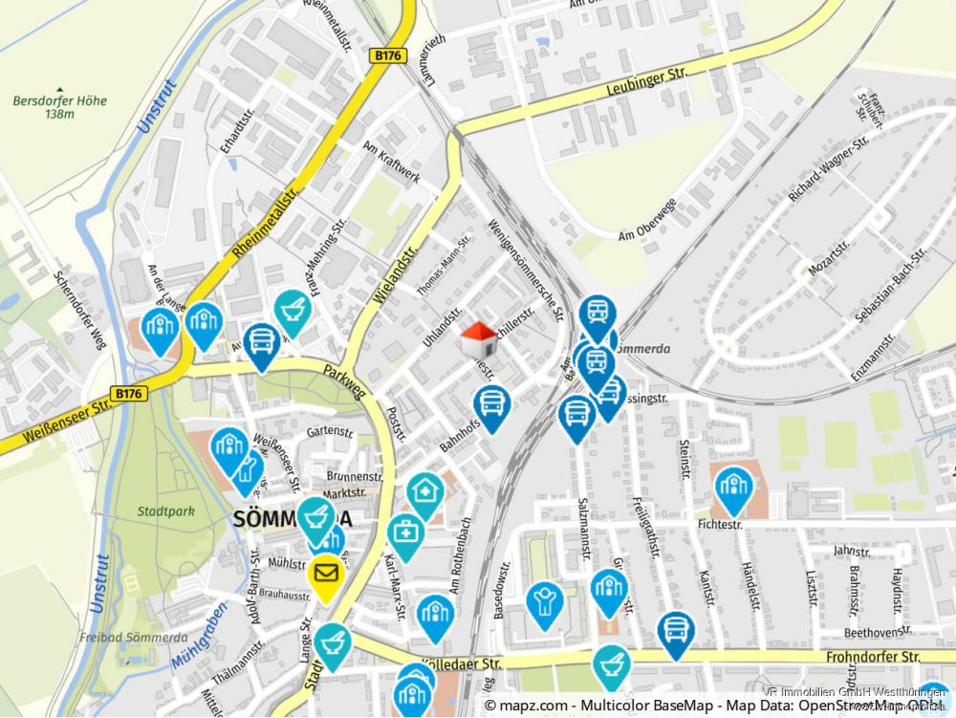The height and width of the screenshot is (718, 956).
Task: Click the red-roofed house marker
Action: point(479,339)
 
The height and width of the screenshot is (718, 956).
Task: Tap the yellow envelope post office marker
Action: point(326,576)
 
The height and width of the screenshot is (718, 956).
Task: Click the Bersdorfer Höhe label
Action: point(59,101)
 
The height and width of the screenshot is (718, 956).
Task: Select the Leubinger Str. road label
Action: point(646,82)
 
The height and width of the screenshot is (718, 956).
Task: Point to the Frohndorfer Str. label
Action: point(872,657)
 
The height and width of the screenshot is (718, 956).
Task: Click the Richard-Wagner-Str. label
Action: point(828,168)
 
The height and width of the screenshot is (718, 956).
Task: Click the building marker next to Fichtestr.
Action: point(733,489)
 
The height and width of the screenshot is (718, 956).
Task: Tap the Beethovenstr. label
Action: point(878,632)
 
